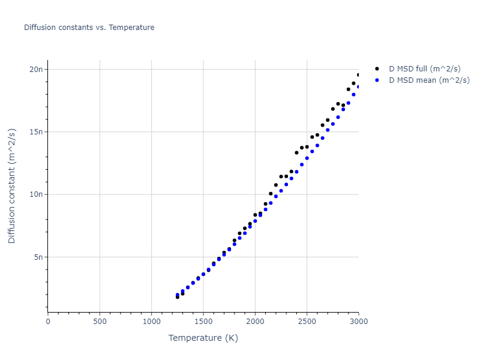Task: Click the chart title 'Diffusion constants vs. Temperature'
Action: click(89, 28)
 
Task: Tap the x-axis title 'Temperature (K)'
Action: click(203, 338)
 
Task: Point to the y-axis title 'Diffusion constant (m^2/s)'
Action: click(12, 187)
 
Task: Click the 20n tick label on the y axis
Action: click(37, 69)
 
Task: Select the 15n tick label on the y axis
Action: click(37, 132)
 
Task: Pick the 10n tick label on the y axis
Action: click(37, 194)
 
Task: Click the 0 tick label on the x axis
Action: click(48, 322)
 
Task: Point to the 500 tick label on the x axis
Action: click(100, 322)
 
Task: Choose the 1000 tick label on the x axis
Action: click(151, 322)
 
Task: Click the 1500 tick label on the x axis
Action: click(203, 322)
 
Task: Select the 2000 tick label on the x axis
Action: click(255, 322)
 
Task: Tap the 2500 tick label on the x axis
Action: click(307, 322)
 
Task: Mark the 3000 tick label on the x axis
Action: click(358, 322)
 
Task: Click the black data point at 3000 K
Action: click(358, 75)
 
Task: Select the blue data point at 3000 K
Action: click(358, 86)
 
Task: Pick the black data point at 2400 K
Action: click(296, 152)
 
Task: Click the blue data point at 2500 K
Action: click(307, 158)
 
